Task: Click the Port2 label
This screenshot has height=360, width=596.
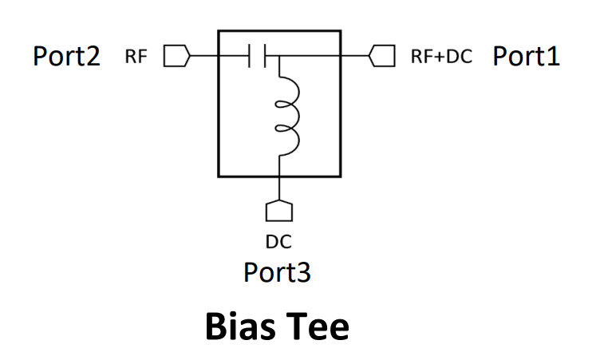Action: (x=66, y=56)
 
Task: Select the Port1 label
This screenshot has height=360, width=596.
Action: (x=526, y=56)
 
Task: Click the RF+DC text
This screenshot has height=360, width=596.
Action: (x=441, y=57)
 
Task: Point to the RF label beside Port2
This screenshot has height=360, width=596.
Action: (x=136, y=57)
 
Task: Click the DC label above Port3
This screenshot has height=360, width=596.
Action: (x=278, y=239)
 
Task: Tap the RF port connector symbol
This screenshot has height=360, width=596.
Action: (x=176, y=56)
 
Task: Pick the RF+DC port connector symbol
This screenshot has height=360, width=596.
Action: (x=382, y=56)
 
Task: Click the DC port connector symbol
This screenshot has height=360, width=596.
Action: (x=278, y=210)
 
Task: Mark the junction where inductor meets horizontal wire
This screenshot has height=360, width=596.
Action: (x=278, y=56)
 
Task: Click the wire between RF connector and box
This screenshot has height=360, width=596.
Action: (x=203, y=56)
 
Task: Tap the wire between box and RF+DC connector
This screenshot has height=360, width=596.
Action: (x=355, y=56)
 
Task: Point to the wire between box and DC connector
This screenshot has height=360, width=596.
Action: (x=278, y=188)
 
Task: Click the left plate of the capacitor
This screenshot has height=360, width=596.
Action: (x=251, y=56)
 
